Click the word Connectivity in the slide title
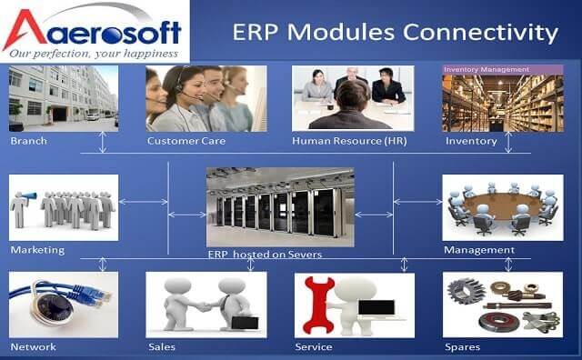click(480, 33)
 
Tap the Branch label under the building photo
click(29, 141)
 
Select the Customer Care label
click(186, 141)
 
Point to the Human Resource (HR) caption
click(349, 141)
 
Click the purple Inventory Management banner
click(503, 70)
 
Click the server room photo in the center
click(280, 206)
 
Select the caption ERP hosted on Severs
click(265, 255)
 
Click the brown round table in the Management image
click(503, 206)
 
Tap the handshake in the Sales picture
click(204, 306)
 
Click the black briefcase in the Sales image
click(245, 322)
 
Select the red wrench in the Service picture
click(318, 305)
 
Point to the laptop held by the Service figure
click(376, 309)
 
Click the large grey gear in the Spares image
click(467, 291)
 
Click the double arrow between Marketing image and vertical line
click(144, 202)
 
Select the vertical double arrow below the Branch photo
click(103, 142)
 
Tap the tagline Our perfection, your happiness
click(94, 55)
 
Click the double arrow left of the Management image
click(418, 202)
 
